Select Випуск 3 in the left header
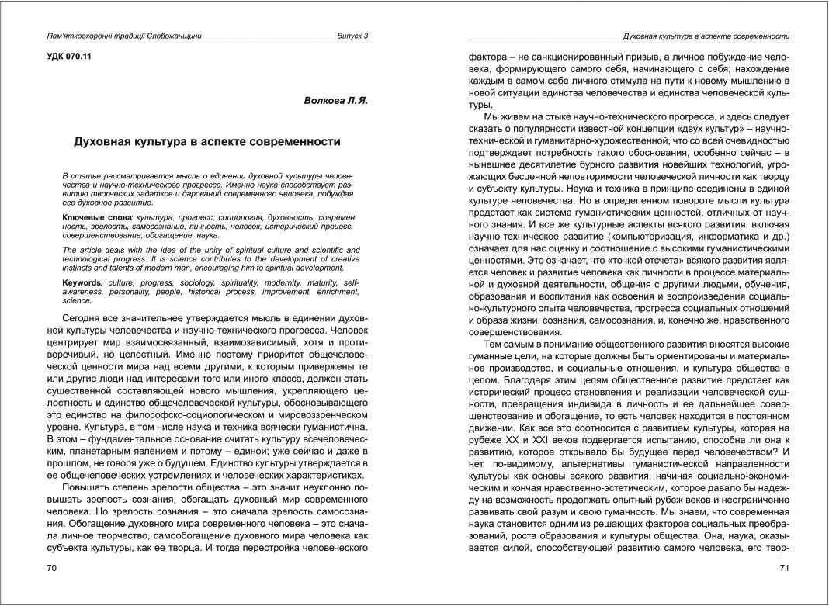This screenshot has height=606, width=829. tap(352, 36)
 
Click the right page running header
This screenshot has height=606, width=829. tap(706, 36)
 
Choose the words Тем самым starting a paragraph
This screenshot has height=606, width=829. tap(508, 344)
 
